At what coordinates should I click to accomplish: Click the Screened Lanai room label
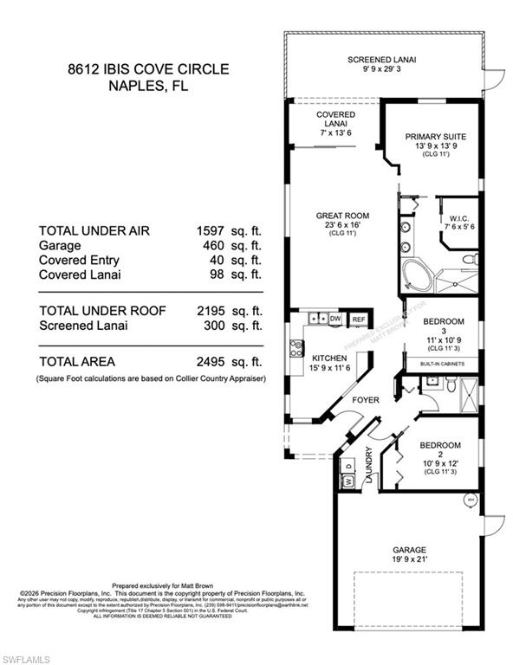[382, 60]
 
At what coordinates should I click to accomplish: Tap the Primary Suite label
[436, 136]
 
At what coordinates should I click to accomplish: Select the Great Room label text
[344, 215]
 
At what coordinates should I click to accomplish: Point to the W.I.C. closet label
[458, 218]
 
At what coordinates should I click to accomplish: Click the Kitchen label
[330, 358]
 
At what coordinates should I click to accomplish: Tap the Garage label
[407, 547]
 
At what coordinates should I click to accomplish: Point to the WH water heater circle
[471, 499]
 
